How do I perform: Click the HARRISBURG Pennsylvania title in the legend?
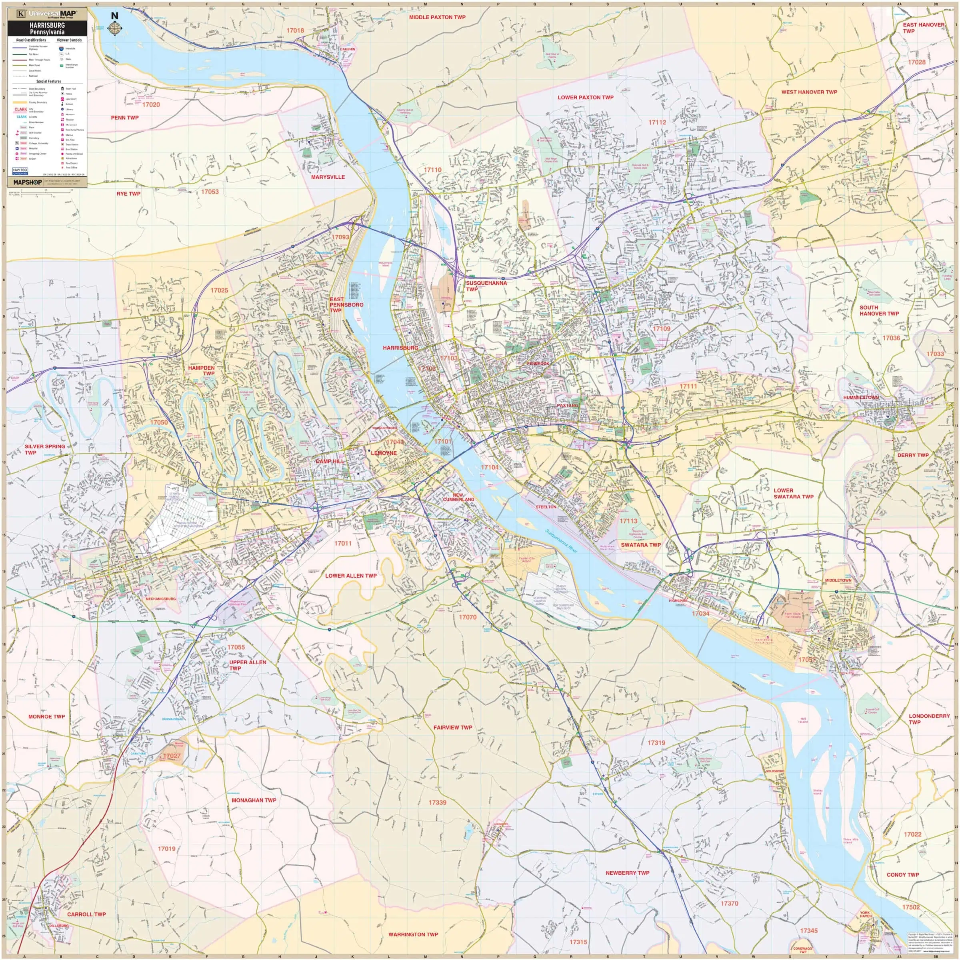pos(47,28)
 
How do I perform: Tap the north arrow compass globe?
pos(115,29)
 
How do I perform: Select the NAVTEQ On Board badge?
pos(20,171)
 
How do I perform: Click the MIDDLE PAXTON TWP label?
pos(437,17)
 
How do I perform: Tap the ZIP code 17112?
pos(657,122)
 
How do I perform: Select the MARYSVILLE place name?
pos(328,177)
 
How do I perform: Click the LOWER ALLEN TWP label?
pos(351,576)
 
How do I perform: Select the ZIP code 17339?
pos(437,802)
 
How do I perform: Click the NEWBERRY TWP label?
pos(627,872)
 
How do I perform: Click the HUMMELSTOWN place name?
pos(861,398)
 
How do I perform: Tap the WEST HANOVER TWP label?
pos(809,92)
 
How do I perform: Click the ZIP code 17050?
pos(159,422)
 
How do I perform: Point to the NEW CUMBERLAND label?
pos(458,497)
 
